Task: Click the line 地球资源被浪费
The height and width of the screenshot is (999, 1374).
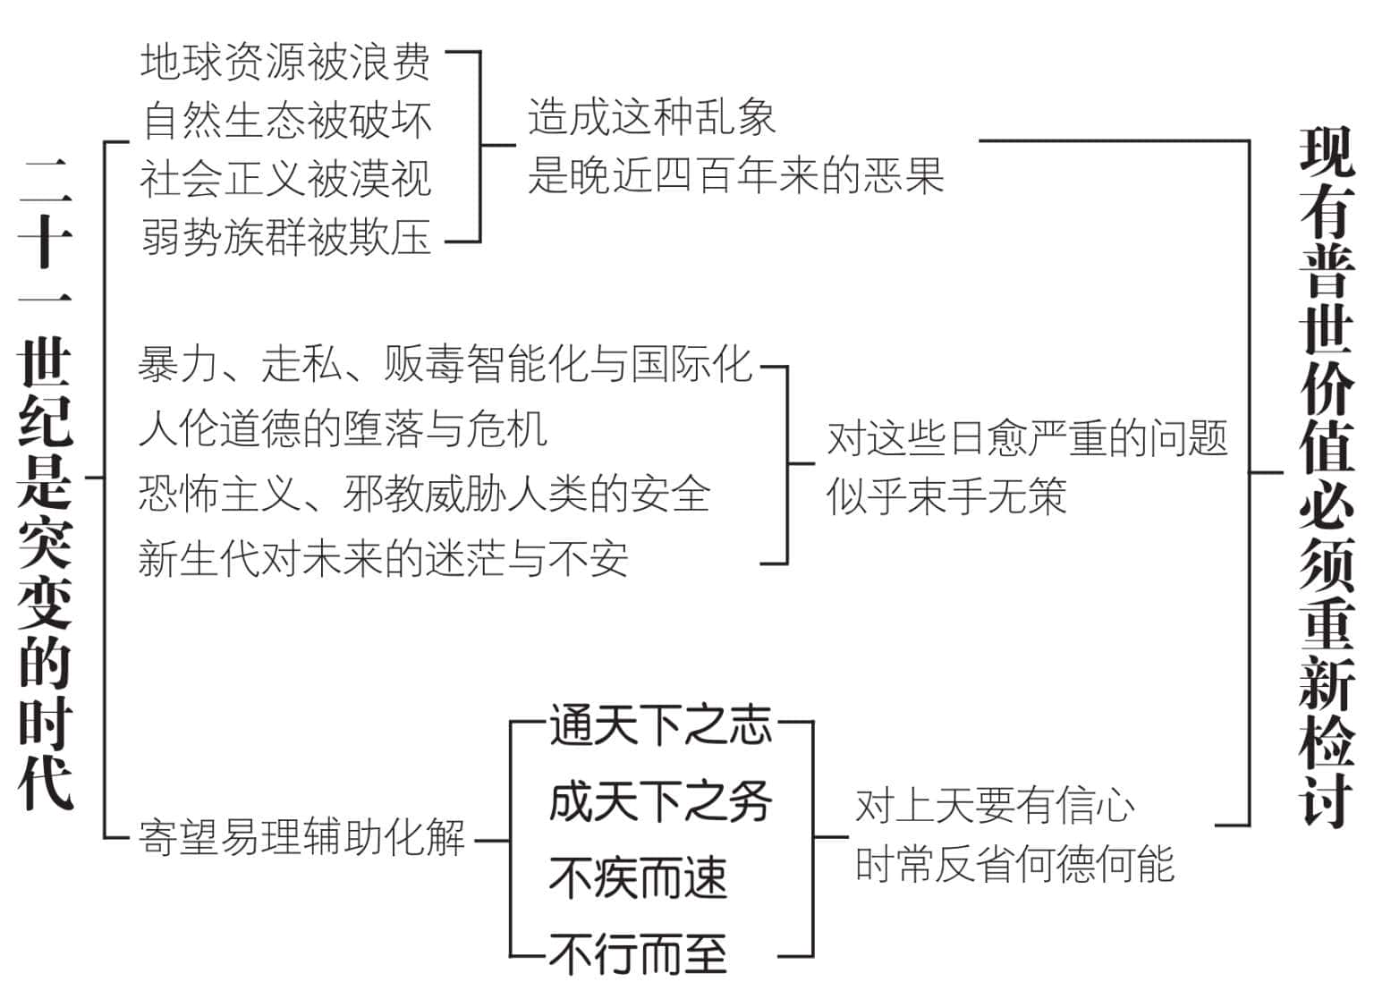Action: click(285, 62)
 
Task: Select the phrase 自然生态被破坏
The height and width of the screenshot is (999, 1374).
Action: click(287, 121)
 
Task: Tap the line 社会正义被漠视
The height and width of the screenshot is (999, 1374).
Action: click(286, 179)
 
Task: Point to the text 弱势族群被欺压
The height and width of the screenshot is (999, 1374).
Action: click(286, 238)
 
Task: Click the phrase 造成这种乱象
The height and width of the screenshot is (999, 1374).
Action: click(651, 116)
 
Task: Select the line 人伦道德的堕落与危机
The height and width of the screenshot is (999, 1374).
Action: click(343, 428)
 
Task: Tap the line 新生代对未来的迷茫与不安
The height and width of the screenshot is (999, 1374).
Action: click(384, 559)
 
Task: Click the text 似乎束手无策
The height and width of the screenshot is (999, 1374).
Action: click(946, 495)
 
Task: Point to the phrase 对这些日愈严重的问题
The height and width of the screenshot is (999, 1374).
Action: click(1028, 437)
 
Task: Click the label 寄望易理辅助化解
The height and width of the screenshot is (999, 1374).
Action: click(301, 837)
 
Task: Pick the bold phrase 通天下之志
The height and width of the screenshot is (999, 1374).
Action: click(661, 724)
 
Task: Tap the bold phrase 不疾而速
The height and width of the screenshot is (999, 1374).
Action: click(638, 878)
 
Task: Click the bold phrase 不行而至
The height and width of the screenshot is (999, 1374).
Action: click(638, 954)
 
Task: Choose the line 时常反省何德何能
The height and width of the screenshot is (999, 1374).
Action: click(1014, 863)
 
